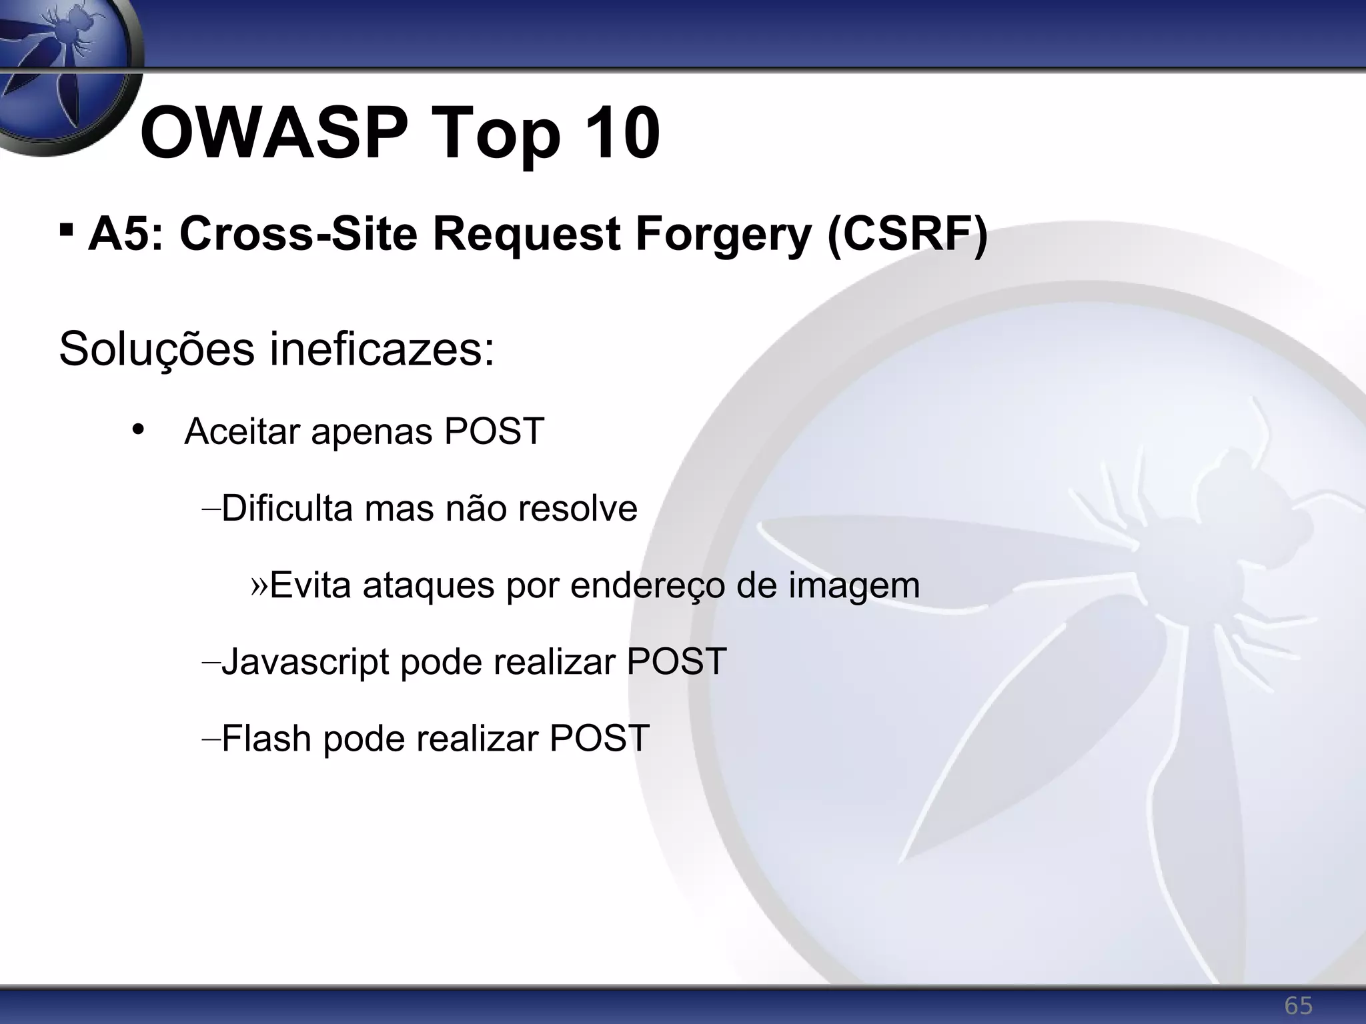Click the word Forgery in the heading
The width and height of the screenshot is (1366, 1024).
[723, 235]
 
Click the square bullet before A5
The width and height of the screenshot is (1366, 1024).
[65, 231]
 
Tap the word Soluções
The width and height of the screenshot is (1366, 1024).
[157, 349]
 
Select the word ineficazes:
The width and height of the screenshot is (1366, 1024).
[382, 349]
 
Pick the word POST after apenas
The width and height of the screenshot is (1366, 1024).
[494, 431]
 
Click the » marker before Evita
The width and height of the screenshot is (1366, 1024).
[259, 585]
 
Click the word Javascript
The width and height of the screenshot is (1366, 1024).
[305, 662]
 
